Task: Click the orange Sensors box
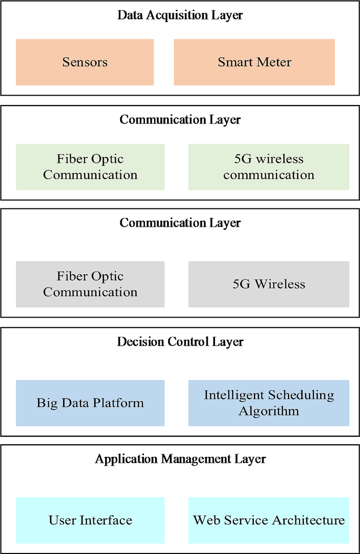[x=85, y=62]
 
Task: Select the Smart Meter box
[x=254, y=62]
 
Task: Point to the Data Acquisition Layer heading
[x=180, y=15]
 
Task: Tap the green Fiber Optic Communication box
[x=90, y=167]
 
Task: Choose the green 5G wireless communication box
[x=269, y=167]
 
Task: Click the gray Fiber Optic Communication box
[x=90, y=284]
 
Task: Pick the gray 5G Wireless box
[x=269, y=284]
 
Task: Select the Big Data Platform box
[x=90, y=403]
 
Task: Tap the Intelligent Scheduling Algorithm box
[x=269, y=403]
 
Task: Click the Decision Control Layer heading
[x=180, y=342]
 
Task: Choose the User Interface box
[x=90, y=520]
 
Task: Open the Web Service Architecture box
[x=269, y=520]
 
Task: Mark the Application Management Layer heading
[x=180, y=459]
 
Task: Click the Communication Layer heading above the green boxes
[x=180, y=120]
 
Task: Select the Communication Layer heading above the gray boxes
[x=180, y=223]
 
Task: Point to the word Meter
[x=274, y=62]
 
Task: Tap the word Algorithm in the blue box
[x=269, y=411]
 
